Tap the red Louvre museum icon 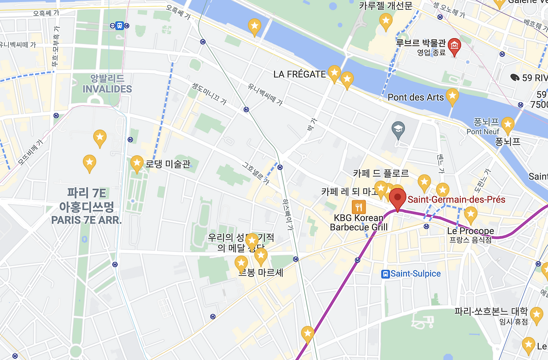[x=454, y=45]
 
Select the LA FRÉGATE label [x=299, y=74]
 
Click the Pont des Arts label [x=415, y=97]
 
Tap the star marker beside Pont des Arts [x=452, y=96]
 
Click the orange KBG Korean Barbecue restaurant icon [x=358, y=208]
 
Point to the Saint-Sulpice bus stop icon [x=385, y=274]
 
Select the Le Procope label [x=470, y=231]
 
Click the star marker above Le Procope [x=471, y=214]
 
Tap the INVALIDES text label [x=107, y=89]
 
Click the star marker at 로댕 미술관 [x=137, y=163]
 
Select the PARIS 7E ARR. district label [x=86, y=220]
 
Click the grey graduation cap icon [x=398, y=129]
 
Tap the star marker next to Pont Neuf [x=507, y=125]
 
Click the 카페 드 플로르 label [x=381, y=173]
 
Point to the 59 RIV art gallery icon [x=515, y=77]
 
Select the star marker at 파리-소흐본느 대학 [x=536, y=315]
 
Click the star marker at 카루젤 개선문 [x=386, y=21]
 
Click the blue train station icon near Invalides [x=119, y=26]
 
